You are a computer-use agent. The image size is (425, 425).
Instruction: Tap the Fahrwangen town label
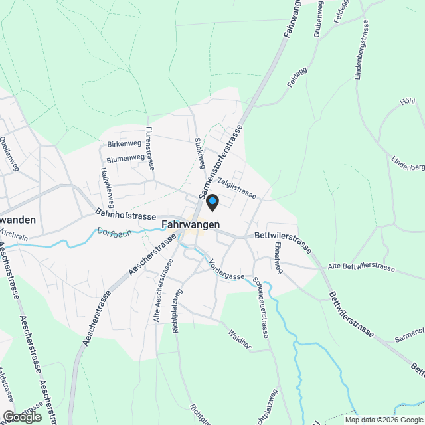click(191, 225)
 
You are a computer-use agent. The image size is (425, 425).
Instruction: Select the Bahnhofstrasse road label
click(126, 216)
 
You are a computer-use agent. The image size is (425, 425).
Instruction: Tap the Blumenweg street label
click(126, 159)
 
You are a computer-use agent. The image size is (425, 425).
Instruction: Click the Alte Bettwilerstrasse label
click(361, 268)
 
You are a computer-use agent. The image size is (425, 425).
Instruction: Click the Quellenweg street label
click(10, 154)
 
